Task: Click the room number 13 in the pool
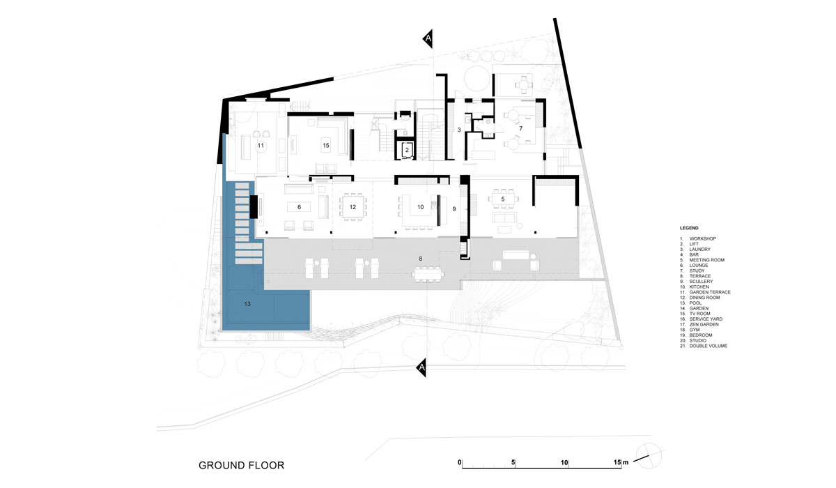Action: pos(247,304)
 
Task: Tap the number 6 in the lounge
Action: pos(299,207)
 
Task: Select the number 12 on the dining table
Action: pos(353,207)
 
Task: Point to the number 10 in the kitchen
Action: pos(420,207)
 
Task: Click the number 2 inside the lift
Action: pos(407,150)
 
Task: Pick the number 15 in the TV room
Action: pos(326,145)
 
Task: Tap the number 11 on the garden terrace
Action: pos(261,145)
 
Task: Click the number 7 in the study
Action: pos(520,128)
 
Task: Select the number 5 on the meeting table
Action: pos(503,199)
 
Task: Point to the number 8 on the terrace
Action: pos(421,259)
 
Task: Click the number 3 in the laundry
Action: pos(459,130)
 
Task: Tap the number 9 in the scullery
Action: pos(454,209)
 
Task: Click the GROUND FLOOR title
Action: pos(242,465)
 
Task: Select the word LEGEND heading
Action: pos(689,228)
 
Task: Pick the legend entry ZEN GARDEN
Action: pos(704,324)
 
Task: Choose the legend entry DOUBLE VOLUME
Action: pos(709,346)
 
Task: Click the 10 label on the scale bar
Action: pos(564,463)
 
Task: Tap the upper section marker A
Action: pos(428,38)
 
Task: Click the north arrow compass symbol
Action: pos(649,455)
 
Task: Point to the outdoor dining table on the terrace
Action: pos(428,275)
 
